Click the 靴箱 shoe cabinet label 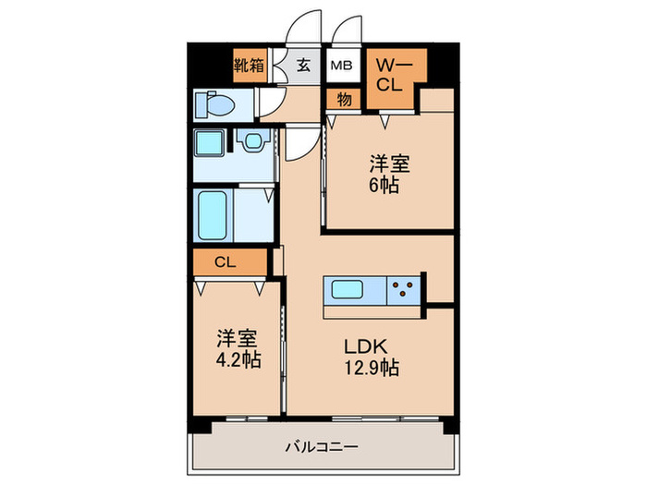point(249,66)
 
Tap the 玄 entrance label point(304,66)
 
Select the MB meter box point(342,66)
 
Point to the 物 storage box point(344,99)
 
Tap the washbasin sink point(251,142)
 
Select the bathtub point(213,214)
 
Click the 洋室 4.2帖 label point(237,347)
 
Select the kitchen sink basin point(349,289)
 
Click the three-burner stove point(403,289)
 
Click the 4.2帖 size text point(237,358)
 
